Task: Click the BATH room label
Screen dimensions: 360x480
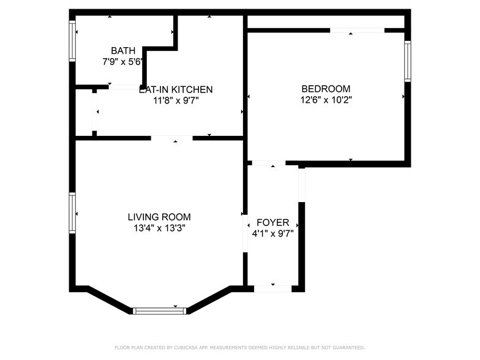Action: click(x=121, y=50)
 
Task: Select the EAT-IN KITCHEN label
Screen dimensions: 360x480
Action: click(x=176, y=89)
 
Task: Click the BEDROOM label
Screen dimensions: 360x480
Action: click(x=326, y=88)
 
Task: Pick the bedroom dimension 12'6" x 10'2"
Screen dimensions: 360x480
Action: click(x=326, y=99)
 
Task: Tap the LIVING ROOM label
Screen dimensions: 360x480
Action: click(x=159, y=217)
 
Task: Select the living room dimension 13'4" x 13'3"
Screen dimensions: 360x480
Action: click(x=159, y=228)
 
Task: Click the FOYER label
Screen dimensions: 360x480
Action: click(x=272, y=222)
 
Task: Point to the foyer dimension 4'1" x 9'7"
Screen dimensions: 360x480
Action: click(x=272, y=233)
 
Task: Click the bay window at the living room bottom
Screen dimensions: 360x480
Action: click(x=159, y=310)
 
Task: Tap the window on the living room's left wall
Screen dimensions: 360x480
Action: click(x=72, y=213)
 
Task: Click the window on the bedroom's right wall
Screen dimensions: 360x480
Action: click(x=407, y=61)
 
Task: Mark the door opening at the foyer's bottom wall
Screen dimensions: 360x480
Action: click(x=272, y=288)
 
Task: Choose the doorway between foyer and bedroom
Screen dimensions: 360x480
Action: click(x=268, y=163)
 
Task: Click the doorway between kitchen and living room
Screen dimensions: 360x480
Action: click(x=172, y=138)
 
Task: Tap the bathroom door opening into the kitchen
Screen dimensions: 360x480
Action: click(x=125, y=87)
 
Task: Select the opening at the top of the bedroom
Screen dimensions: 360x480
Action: click(x=357, y=29)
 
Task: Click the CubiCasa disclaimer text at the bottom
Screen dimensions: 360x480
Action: click(x=239, y=347)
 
